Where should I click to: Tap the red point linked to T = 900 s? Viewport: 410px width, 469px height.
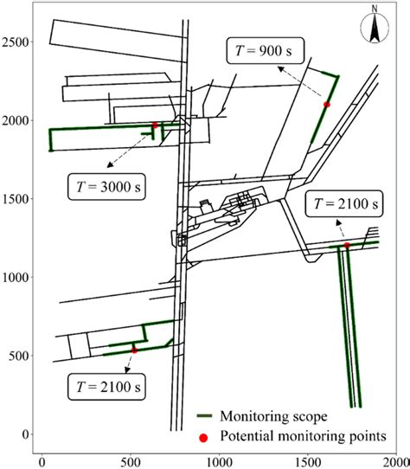pyautogui.click(x=327, y=105)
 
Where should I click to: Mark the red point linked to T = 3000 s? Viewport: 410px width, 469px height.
pyautogui.click(x=156, y=125)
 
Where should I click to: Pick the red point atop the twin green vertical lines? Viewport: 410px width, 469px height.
pyautogui.click(x=347, y=246)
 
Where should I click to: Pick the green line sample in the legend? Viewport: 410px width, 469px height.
pyautogui.click(x=205, y=417)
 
